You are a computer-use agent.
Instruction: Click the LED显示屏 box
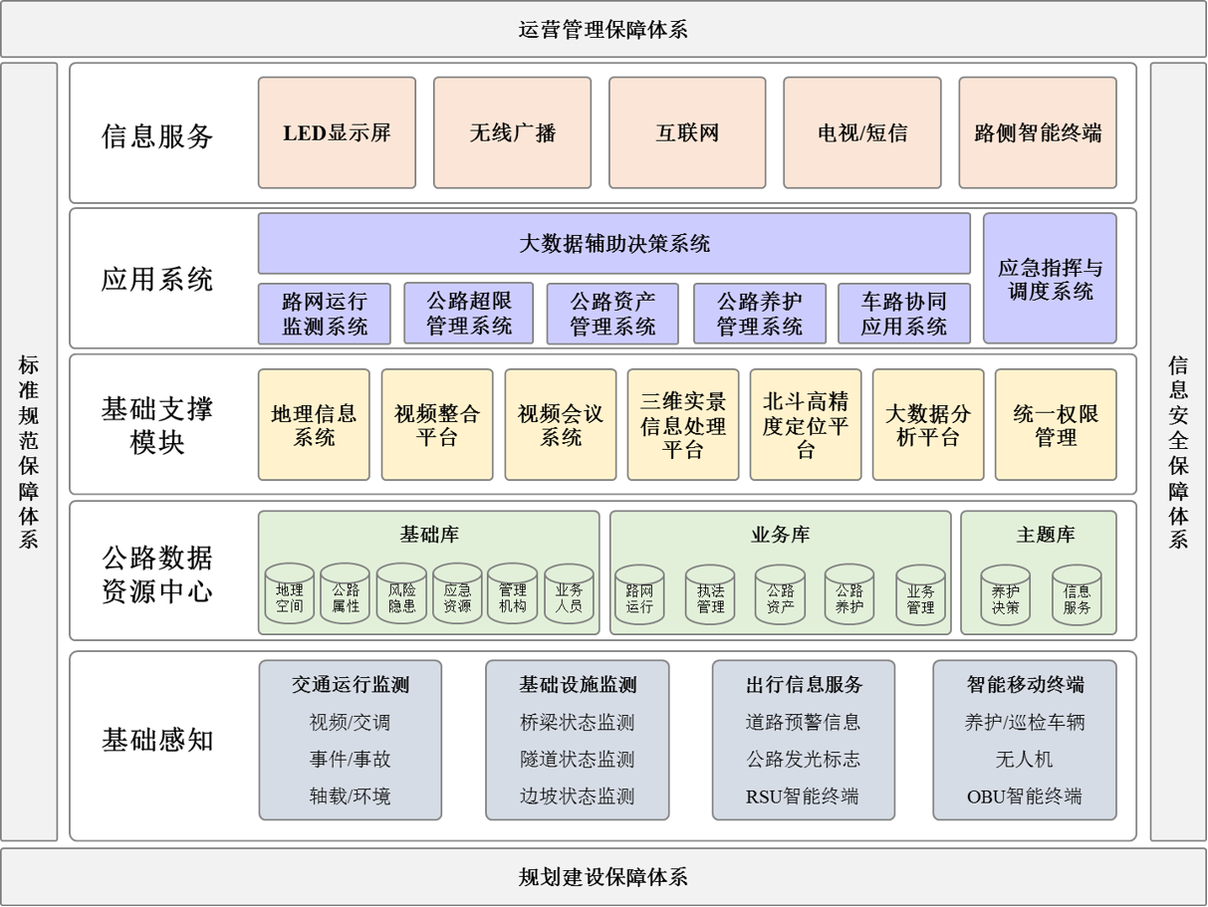point(337,132)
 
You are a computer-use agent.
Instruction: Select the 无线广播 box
point(512,132)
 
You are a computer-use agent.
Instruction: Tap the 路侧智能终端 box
point(1038,132)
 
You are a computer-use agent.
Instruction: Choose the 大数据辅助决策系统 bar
point(614,243)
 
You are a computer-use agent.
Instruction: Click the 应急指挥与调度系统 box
point(1050,279)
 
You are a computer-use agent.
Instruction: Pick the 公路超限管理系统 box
point(469,314)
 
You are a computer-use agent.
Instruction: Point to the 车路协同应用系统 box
point(904,314)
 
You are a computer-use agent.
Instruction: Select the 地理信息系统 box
point(314,424)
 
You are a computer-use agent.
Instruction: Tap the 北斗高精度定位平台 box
point(806,424)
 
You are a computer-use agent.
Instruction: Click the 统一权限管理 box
point(1056,424)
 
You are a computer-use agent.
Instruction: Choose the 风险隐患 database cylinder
point(401,593)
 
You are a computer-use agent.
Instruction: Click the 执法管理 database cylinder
point(710,594)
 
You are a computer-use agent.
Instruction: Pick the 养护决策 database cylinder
point(1006,594)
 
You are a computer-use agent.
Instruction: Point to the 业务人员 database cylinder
point(569,593)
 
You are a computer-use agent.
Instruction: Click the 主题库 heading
point(1045,534)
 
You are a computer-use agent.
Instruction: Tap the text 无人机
point(1024,760)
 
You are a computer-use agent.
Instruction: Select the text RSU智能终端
point(803,796)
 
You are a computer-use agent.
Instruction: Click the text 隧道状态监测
point(578,760)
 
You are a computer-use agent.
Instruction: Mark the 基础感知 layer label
point(157,740)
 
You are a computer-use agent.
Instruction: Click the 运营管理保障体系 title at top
point(604,29)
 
